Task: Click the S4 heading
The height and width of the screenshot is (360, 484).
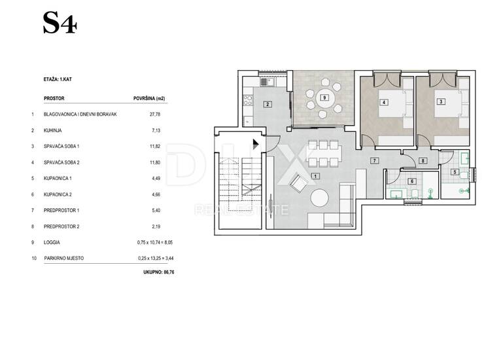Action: point(60,23)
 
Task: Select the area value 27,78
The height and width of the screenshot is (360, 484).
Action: point(155,114)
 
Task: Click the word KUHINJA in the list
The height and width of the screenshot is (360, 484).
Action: point(53,130)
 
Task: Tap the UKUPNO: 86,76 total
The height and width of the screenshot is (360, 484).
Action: point(159,272)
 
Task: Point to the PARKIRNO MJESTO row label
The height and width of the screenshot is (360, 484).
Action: point(64,259)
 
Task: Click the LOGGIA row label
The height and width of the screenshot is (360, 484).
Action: point(52,243)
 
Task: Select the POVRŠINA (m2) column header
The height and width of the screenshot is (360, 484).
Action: point(149,99)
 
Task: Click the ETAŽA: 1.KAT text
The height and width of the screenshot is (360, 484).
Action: point(58,79)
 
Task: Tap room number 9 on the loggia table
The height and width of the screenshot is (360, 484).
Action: point(324,98)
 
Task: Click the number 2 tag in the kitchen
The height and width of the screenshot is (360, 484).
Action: point(268,105)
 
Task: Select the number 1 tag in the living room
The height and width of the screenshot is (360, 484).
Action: point(315,176)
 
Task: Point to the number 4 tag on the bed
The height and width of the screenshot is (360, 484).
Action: point(384,102)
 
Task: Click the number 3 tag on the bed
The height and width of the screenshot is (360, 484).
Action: point(441,101)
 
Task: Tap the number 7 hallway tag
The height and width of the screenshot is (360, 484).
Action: point(374,160)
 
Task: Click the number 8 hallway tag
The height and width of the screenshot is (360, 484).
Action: point(423,160)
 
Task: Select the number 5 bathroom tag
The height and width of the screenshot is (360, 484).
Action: point(455,171)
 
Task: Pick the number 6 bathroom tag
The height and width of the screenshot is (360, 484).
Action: point(412,181)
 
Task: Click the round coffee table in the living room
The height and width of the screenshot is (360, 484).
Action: point(319,198)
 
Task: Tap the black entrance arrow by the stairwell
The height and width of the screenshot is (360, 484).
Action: point(256,144)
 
